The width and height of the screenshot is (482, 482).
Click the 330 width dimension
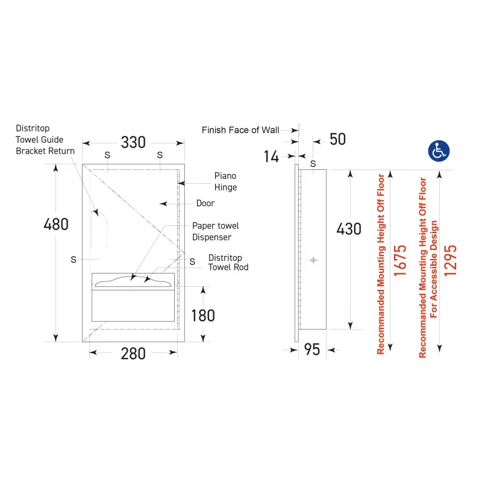tap(133, 142)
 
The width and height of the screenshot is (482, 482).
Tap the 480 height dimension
tap(56, 224)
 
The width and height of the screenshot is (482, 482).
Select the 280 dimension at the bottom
tap(133, 354)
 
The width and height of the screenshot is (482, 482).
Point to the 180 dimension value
tap(203, 316)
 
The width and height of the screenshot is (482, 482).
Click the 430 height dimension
tap(349, 229)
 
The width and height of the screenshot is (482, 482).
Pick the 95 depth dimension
tap(312, 349)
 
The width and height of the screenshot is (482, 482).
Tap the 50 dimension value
tap(337, 139)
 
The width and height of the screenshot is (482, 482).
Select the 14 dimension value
tap(271, 157)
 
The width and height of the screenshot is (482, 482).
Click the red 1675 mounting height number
tap(400, 261)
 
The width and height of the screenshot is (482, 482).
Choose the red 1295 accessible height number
tap(450, 260)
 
